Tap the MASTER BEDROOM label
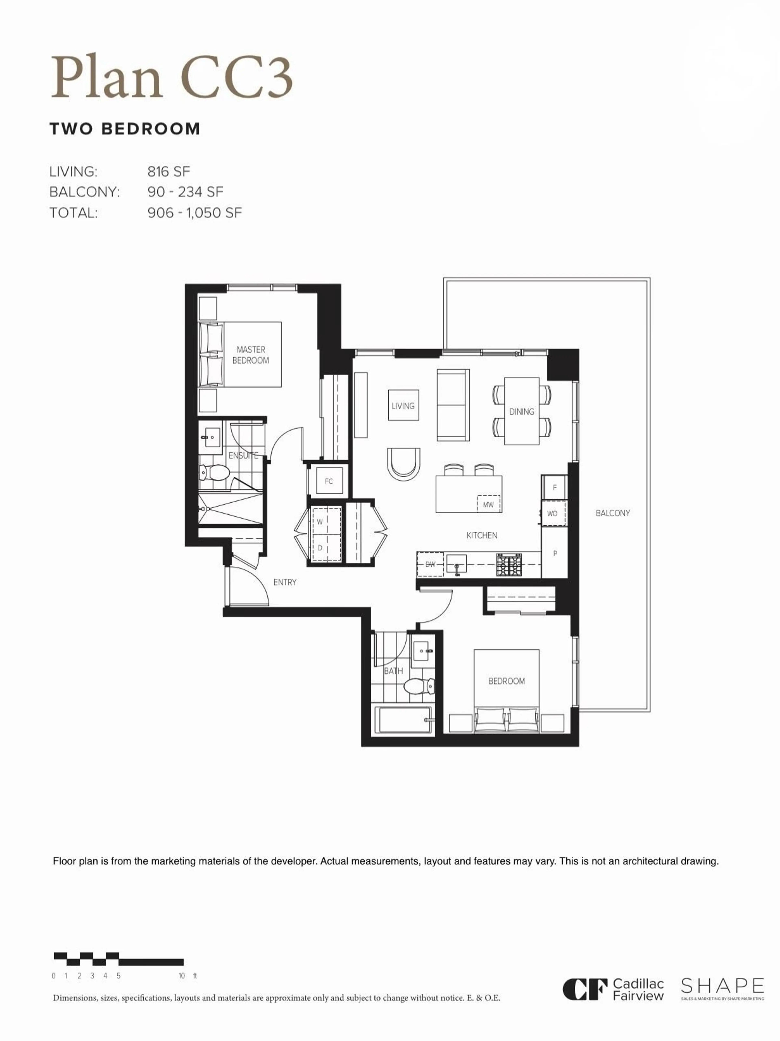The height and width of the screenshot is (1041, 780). tap(251, 355)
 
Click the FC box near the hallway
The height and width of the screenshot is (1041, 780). tap(329, 481)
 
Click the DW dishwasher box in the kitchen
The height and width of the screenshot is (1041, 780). tap(430, 564)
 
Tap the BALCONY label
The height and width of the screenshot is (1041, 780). tap(612, 513)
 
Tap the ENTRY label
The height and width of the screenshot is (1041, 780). tap(285, 582)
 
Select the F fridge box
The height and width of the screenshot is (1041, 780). tap(555, 488)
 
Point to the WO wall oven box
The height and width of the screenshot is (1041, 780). tap(552, 513)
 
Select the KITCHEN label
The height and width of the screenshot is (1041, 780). tap(482, 535)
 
